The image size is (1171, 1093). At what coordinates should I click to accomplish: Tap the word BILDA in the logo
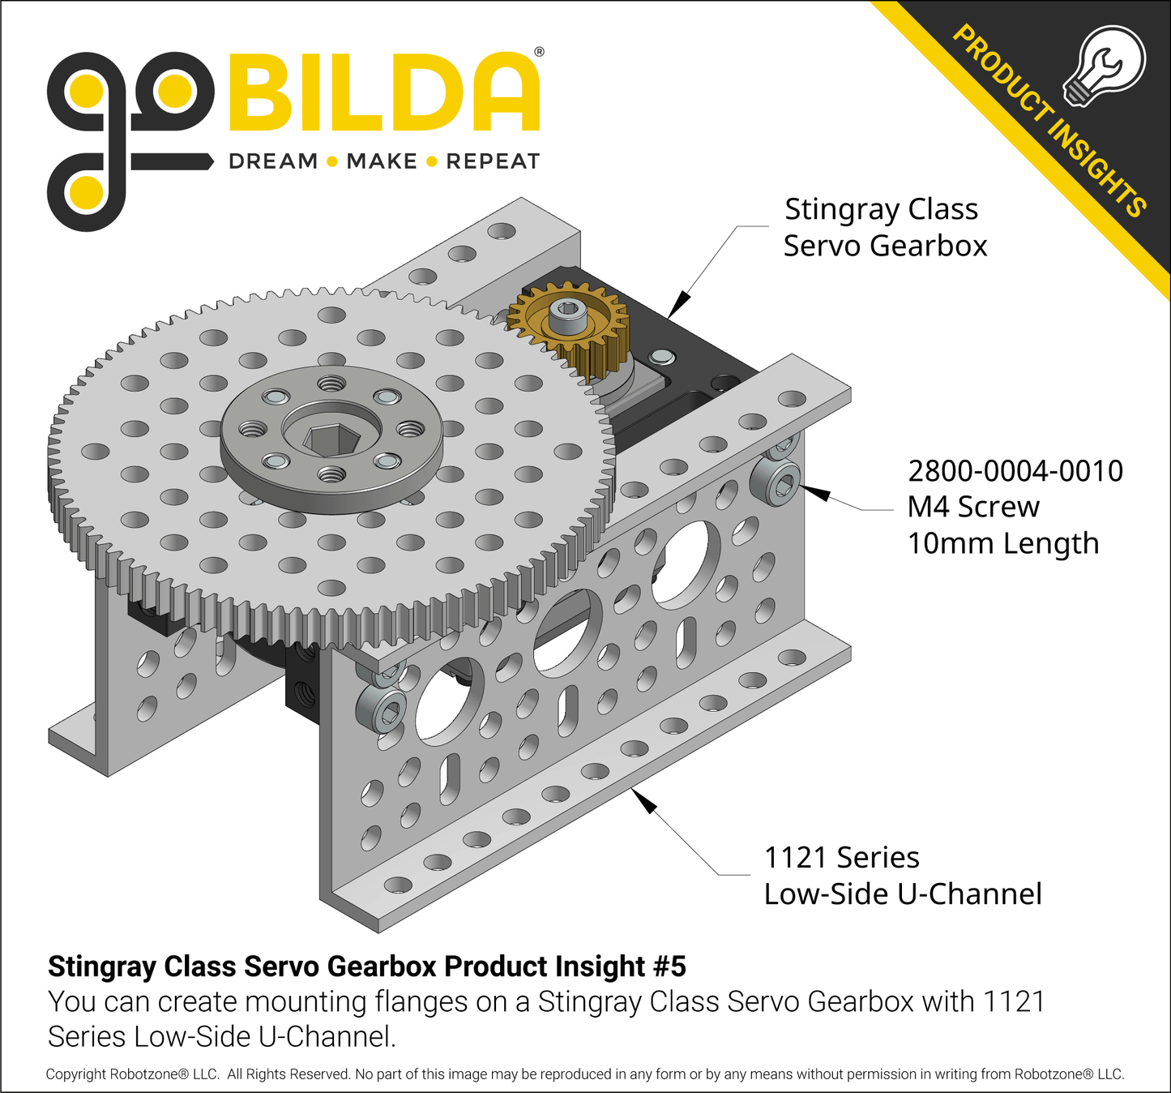coord(384,93)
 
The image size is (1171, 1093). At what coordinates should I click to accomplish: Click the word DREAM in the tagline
coord(273,161)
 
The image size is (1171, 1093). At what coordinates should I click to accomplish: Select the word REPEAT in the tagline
coord(493,161)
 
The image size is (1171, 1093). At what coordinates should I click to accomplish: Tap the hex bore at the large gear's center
coord(331,439)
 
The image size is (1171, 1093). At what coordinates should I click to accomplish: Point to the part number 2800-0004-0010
coord(1015,471)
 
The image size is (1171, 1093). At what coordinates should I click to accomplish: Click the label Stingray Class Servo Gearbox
coord(884,227)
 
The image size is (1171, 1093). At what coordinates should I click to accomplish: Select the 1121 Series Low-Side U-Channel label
coord(902,876)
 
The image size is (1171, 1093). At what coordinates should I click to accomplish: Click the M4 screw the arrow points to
coord(776,484)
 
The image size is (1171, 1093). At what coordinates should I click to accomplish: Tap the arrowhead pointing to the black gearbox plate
coord(679,304)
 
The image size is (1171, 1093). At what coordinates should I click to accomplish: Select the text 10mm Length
coord(1002,543)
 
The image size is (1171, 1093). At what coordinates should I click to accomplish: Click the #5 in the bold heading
coord(669,967)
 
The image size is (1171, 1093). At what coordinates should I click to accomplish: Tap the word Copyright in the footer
coord(75,1074)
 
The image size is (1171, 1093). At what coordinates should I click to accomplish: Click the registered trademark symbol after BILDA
coord(539,52)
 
